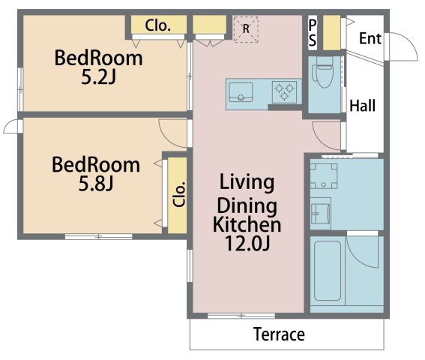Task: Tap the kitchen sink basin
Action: coord(241,92)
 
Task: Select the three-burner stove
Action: coord(284,91)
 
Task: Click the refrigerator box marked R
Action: coord(246,29)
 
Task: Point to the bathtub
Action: coord(328,271)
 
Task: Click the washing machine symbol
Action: coord(324,176)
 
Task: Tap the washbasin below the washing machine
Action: coord(320,211)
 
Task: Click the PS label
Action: coord(313,33)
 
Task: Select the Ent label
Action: coord(370,38)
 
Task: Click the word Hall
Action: coord(362,106)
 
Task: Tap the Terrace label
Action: coord(279,334)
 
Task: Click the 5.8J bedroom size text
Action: coord(96,184)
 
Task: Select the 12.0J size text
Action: coord(247,243)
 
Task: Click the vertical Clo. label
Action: coord(179,194)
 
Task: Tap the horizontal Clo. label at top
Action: coord(158,25)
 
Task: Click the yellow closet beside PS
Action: coord(332,32)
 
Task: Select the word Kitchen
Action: coord(247,224)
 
